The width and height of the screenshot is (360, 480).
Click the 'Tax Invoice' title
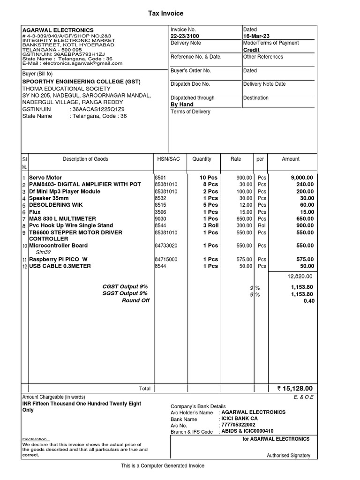166,14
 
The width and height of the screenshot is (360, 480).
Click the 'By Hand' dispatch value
182,105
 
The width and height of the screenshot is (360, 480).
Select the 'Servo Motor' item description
45,178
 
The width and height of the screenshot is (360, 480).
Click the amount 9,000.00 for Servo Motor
302,178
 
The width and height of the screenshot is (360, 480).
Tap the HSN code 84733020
166,246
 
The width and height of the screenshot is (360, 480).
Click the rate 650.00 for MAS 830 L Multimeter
244,219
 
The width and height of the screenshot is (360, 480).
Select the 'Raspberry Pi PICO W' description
58,259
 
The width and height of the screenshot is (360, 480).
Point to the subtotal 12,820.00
300,277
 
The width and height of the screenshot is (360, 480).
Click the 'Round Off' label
135,300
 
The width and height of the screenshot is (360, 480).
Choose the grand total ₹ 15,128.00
294,389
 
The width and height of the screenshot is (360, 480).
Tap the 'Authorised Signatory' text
288,455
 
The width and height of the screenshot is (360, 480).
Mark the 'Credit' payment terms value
251,50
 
